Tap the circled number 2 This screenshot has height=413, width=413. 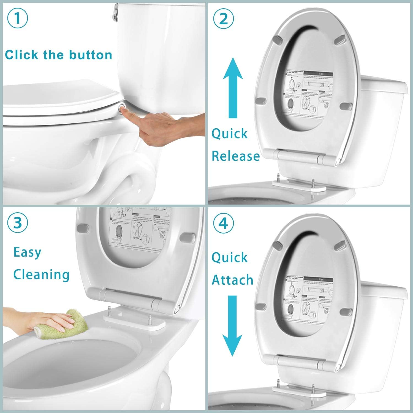(223, 19)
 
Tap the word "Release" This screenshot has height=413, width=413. (236, 156)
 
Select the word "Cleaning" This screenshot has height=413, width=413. (41, 275)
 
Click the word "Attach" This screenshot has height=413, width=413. (232, 280)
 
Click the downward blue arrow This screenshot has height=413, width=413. (233, 325)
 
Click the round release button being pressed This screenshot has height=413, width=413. (122, 106)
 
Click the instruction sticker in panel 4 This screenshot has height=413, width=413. (308, 300)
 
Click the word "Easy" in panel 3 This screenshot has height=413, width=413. (27, 252)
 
